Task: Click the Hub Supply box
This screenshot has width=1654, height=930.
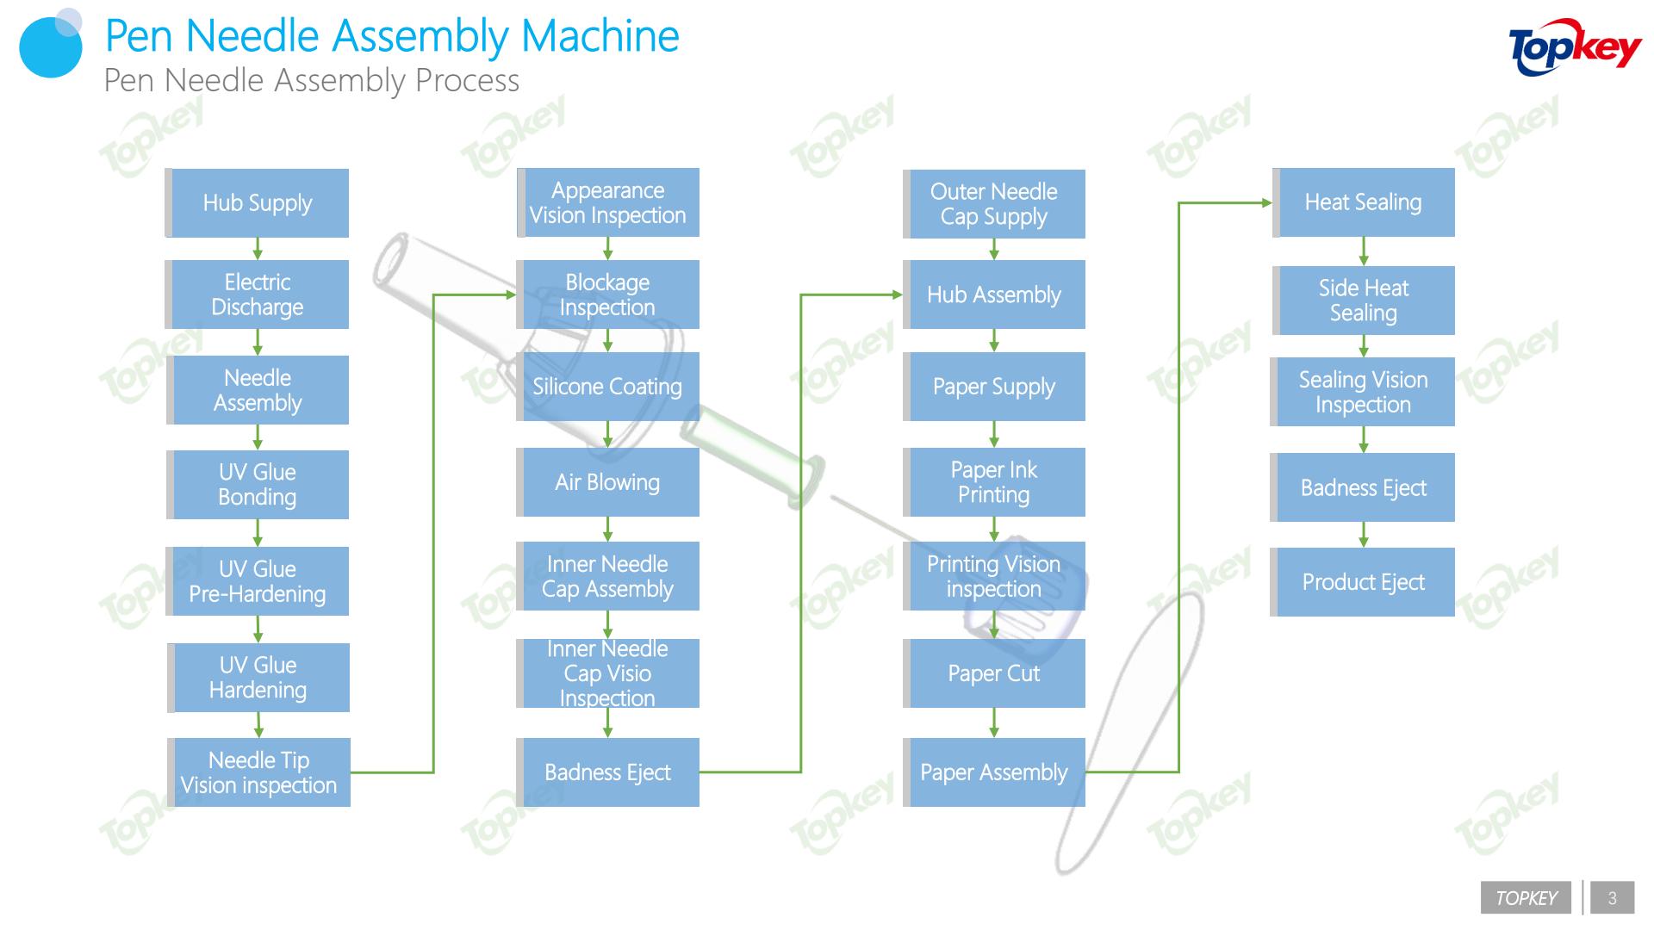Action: [257, 203]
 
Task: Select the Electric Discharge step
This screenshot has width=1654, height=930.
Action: [257, 294]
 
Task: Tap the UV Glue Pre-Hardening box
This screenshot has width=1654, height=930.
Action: [257, 581]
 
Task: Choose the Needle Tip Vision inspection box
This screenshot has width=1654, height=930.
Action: [258, 772]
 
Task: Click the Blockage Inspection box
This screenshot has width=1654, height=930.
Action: [607, 294]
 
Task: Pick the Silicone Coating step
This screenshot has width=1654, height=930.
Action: [607, 387]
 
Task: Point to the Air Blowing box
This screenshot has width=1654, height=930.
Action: [607, 482]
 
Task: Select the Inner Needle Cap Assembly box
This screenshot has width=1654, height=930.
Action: [607, 576]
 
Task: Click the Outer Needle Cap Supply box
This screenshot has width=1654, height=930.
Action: [994, 204]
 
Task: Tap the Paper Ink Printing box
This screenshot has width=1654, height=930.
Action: [994, 482]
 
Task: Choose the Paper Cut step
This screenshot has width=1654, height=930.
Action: [994, 673]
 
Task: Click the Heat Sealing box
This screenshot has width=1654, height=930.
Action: [1364, 202]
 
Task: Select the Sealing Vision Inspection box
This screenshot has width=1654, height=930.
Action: [1363, 392]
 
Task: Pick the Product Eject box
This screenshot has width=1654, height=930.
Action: [1363, 582]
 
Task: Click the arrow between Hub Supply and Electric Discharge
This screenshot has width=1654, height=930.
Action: [258, 249]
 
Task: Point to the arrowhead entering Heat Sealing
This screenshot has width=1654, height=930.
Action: [1267, 203]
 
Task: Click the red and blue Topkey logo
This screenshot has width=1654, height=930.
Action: [1575, 47]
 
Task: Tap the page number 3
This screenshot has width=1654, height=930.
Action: [1613, 898]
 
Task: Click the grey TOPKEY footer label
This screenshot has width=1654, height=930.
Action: [1527, 898]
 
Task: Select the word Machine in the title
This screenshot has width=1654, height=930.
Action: [600, 36]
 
